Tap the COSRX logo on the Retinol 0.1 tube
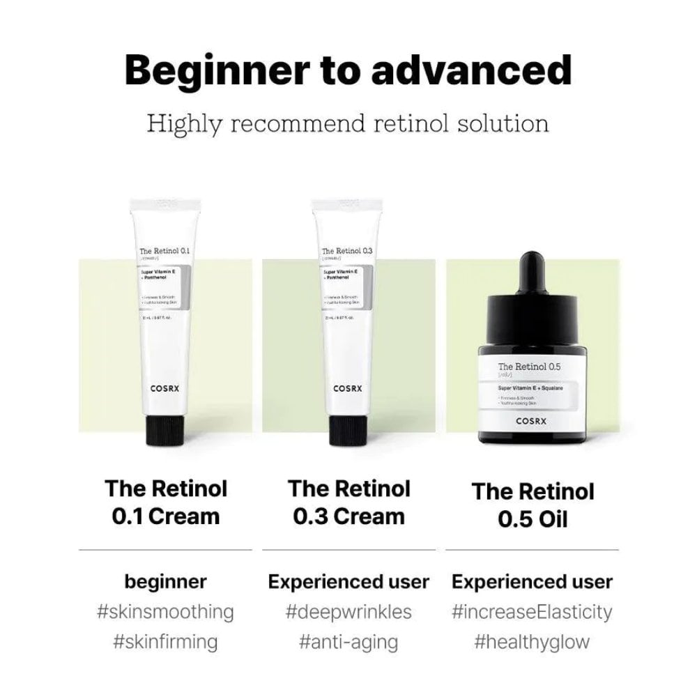167,390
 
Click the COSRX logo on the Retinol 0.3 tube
350,390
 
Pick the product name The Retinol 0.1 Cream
166,502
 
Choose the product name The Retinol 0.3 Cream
349,502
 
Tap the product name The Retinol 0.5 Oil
533,505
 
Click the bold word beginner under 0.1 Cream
165,582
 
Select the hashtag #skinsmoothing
165,612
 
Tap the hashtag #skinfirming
165,641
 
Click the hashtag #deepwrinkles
348,612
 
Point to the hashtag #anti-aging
348,641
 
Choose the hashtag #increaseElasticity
533,612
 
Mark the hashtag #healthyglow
533,641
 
